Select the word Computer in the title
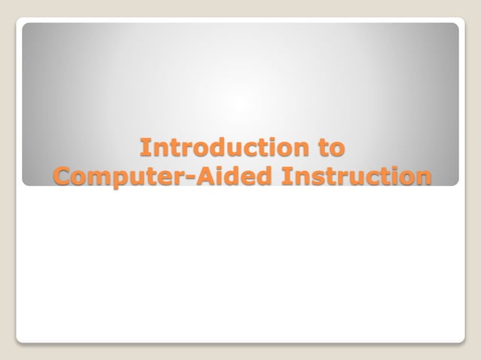pyautogui.click(x=119, y=176)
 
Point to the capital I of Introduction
pyautogui.click(x=146, y=146)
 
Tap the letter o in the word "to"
pyautogui.click(x=339, y=148)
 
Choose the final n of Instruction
pyautogui.click(x=424, y=178)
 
